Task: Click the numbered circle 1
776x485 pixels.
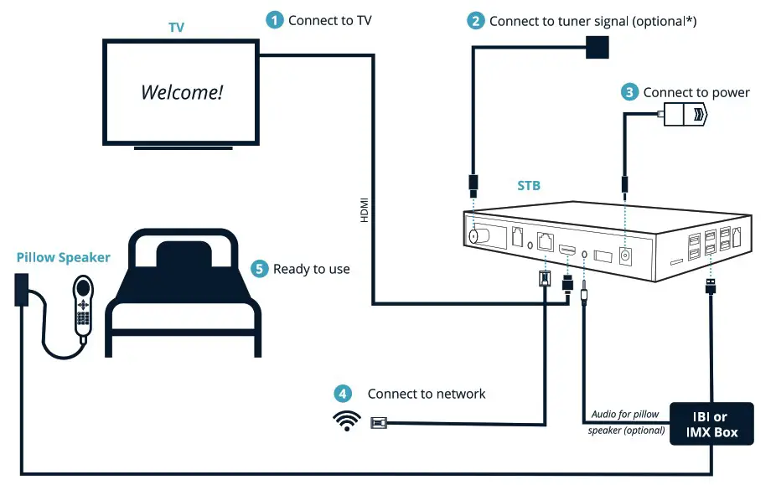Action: coord(274,20)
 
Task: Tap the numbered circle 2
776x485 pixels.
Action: coord(475,20)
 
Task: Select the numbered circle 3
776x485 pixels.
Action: coord(629,92)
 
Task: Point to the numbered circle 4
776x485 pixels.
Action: coord(342,394)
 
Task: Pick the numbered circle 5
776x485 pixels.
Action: coord(259,269)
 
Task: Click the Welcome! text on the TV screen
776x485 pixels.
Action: coord(182,92)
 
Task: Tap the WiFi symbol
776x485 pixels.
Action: coord(346,421)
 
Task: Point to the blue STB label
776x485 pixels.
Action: coord(528,186)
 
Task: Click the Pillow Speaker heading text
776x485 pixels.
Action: coord(63,257)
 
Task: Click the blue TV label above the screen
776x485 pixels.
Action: coord(176,28)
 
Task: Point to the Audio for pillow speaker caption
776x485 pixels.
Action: coord(626,422)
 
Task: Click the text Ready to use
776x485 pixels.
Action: coord(312,269)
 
